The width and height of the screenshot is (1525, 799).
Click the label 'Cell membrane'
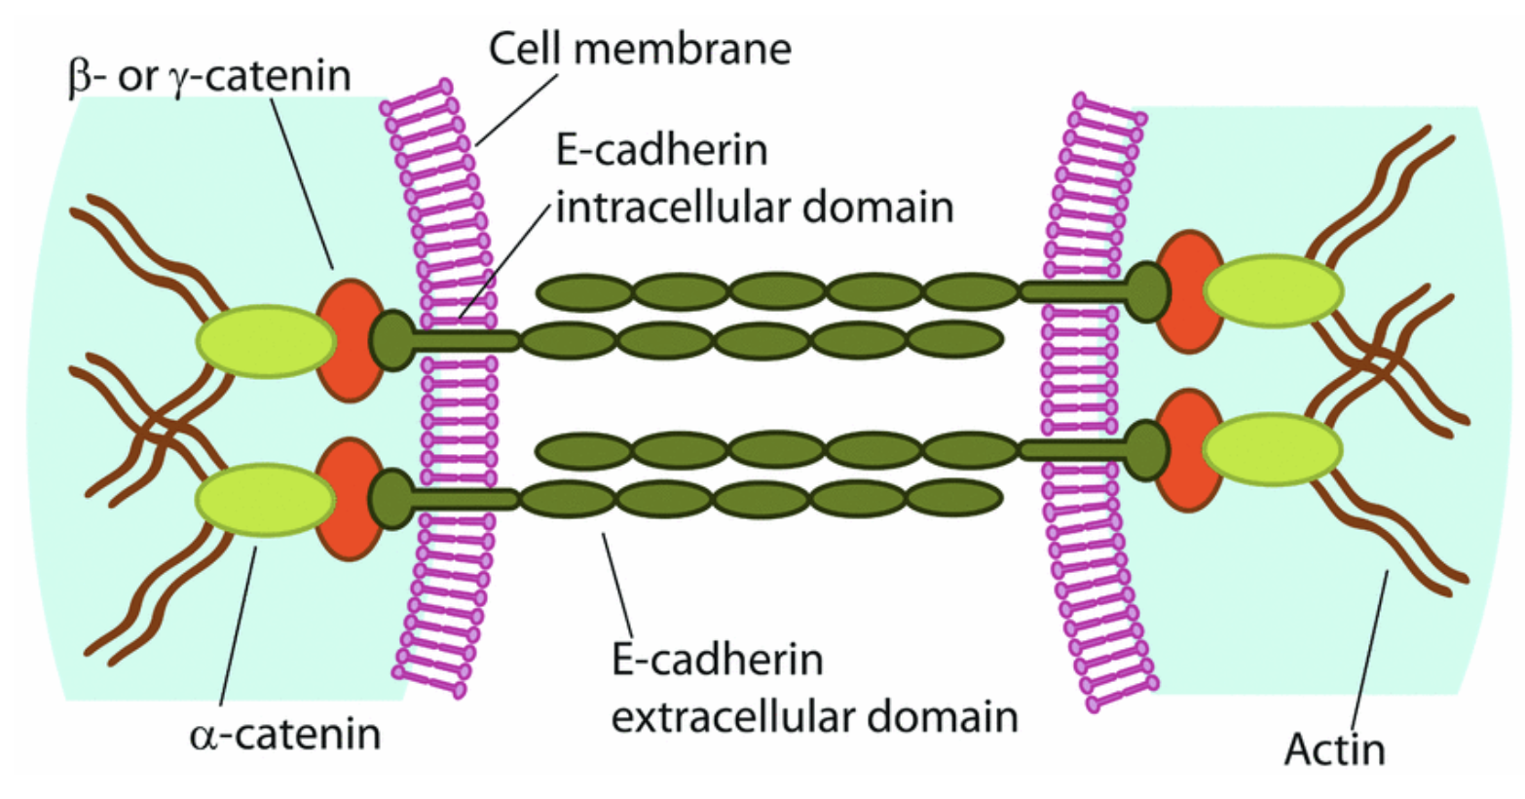640,48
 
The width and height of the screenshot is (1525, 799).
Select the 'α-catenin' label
284,733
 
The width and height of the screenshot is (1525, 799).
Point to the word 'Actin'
1333,748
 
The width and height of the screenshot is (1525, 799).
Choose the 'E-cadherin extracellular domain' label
814,688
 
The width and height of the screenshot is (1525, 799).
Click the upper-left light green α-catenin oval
266,340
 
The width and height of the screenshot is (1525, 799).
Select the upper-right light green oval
1273,289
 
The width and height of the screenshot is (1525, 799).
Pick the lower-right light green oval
1272,449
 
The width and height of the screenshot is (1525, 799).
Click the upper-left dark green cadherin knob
391,340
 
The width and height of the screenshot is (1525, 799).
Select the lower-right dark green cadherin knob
1147,449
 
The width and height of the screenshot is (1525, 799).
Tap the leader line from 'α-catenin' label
240,624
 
